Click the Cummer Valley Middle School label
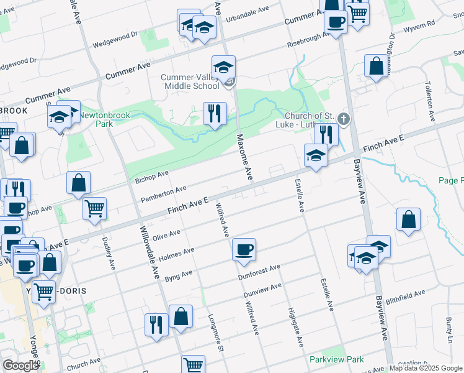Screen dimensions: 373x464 (x=190, y=81)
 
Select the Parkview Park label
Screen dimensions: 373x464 (x=336, y=359)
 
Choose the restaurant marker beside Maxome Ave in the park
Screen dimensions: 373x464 (x=215, y=114)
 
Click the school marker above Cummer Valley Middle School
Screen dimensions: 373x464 (x=224, y=66)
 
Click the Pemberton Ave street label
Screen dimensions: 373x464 (x=164, y=193)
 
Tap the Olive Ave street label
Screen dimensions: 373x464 (x=166, y=236)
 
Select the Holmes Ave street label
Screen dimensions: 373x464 (x=176, y=254)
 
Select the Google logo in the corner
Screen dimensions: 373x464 (x=20, y=366)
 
